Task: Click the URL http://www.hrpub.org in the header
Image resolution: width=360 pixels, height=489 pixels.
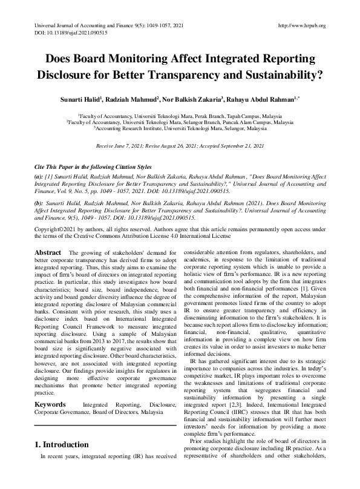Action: (x=301, y=25)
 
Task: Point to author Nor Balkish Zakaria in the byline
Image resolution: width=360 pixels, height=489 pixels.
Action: (x=191, y=98)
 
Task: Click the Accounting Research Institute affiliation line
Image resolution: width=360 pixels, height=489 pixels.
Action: (x=180, y=129)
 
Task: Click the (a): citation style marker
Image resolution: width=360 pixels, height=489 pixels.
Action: (x=39, y=174)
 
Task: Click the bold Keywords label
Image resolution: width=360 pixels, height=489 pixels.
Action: (x=51, y=402)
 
